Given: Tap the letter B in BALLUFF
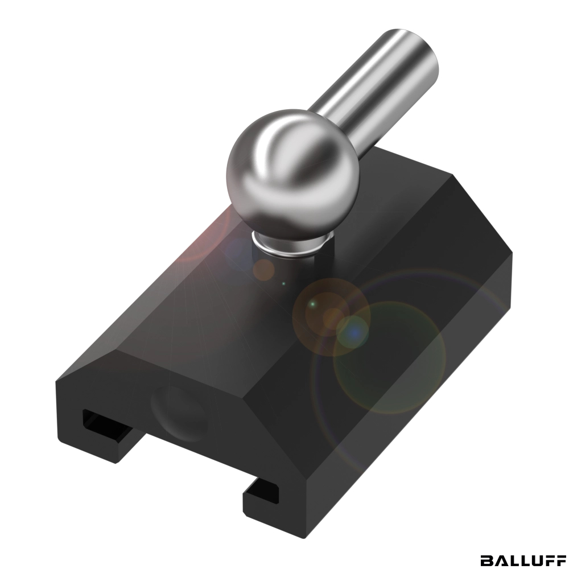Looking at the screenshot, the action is (x=487, y=560).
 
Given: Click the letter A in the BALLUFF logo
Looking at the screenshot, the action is (x=500, y=560).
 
